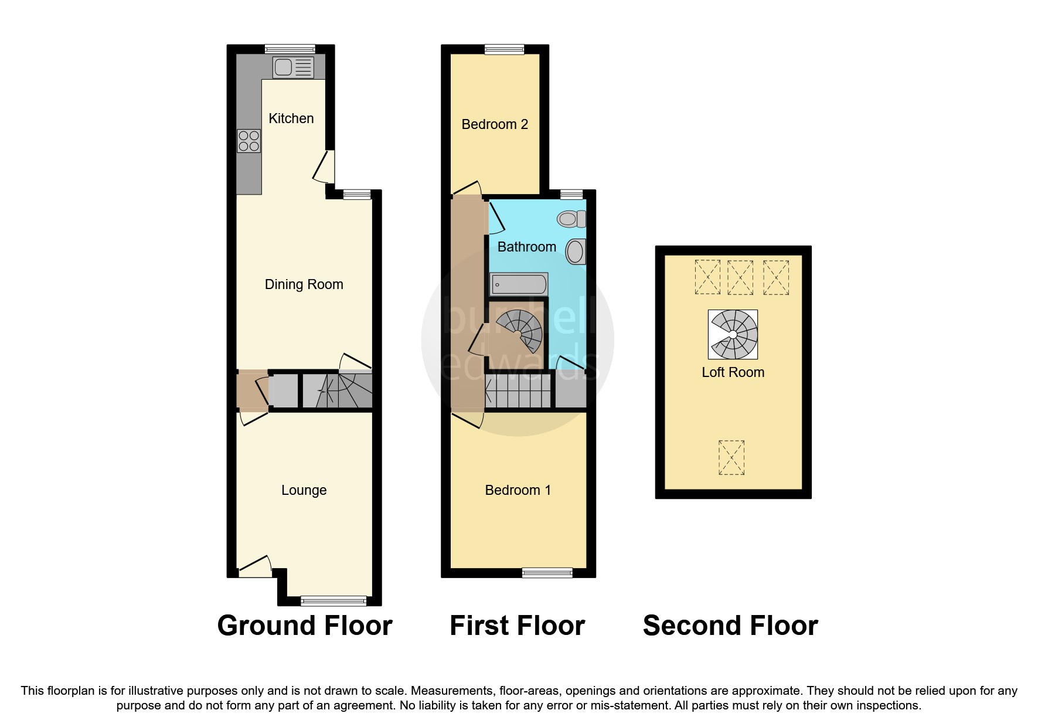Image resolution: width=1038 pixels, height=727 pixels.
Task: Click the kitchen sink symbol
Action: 293,67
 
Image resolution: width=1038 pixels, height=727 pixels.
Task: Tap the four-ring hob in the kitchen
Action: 249,141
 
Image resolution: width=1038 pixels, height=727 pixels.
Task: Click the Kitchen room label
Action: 291,118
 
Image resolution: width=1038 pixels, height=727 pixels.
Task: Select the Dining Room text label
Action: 304,284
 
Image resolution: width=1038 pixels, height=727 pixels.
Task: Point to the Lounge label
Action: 304,490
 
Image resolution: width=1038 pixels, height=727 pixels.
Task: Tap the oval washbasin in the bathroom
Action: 576,252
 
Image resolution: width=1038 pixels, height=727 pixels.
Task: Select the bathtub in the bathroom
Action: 519,285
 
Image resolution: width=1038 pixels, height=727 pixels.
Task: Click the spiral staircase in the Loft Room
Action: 733,335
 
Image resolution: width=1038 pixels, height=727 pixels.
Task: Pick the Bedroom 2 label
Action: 495,124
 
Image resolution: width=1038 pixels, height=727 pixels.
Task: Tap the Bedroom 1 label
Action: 518,490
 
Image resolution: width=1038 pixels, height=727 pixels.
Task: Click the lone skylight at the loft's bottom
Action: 731,458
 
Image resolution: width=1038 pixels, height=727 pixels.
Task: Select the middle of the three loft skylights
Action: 740,277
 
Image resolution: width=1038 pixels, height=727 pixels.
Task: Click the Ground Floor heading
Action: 304,626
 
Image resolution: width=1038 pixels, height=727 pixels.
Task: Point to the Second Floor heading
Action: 730,626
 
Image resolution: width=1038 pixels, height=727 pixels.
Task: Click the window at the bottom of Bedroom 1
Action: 547,573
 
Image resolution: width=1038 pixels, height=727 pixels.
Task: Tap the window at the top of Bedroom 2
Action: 504,50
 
